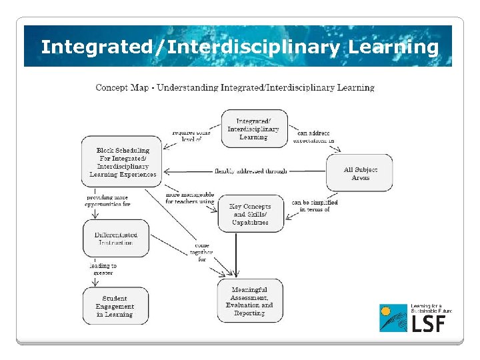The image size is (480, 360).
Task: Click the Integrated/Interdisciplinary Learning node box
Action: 253,129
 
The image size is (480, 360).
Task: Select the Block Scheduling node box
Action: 123,163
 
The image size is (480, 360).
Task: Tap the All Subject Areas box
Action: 359,173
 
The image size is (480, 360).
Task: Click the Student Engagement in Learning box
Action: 115,306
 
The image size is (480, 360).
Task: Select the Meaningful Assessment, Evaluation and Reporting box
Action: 249,301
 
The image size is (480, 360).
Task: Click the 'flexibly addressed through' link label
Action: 251,171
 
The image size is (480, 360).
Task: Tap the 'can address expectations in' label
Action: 313,137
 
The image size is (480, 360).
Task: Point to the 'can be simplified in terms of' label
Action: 315,205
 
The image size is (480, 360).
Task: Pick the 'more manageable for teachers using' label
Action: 190,198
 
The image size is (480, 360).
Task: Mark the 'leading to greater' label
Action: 103,269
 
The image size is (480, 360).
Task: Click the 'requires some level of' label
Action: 191,136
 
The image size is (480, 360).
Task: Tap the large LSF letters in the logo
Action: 427,323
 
